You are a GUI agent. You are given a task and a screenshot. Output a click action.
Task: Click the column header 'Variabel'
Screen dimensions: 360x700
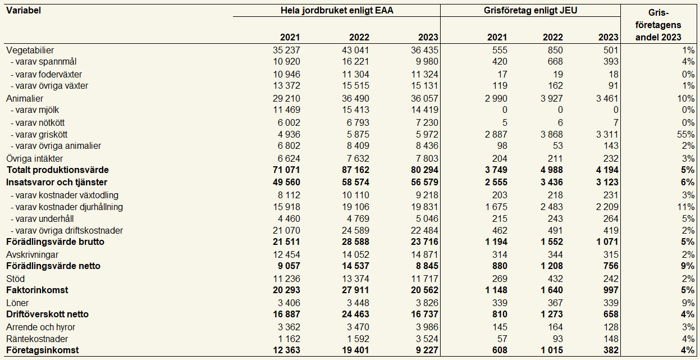tap(23, 10)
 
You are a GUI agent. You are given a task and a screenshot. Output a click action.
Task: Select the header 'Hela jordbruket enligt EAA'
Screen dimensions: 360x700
tap(336, 10)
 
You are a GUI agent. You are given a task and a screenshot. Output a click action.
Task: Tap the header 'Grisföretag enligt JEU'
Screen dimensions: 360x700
tap(530, 10)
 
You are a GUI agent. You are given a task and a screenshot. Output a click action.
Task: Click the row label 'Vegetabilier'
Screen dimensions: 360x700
tap(30, 51)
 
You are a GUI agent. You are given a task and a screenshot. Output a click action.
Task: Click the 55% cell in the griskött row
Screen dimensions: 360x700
tap(687, 134)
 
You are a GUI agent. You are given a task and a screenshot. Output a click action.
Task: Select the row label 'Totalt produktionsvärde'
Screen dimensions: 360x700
tap(57, 170)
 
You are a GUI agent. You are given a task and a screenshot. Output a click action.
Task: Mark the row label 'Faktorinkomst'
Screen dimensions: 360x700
tap(37, 290)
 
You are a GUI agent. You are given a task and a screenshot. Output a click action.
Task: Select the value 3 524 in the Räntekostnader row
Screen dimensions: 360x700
tap(426, 339)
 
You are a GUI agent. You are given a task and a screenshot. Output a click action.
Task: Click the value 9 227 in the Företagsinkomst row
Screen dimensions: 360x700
tap(426, 350)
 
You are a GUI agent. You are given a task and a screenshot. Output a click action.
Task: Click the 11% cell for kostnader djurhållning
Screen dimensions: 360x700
tap(687, 207)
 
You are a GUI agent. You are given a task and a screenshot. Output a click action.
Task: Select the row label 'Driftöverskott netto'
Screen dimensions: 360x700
tap(47, 315)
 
